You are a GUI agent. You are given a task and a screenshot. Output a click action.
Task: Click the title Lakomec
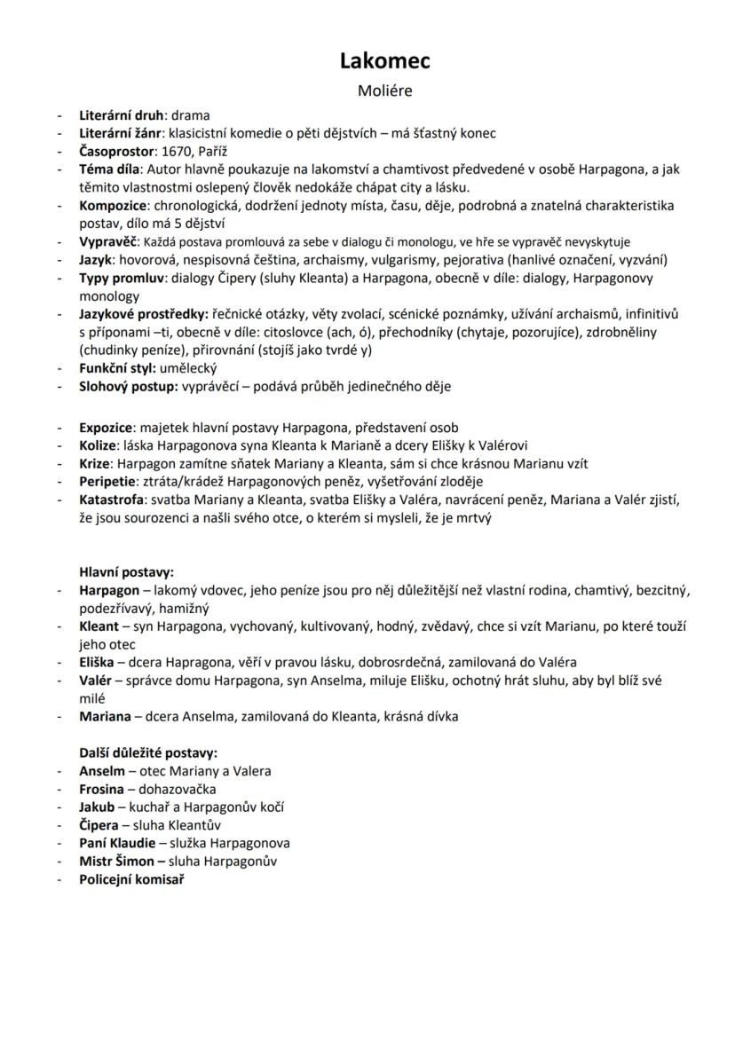point(384,60)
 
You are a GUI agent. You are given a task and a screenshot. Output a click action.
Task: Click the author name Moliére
point(384,91)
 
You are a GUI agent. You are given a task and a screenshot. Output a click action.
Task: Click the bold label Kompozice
point(110,206)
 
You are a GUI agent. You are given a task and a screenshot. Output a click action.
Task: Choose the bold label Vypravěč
point(108,241)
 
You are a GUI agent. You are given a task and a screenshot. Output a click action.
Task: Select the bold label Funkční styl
point(117,368)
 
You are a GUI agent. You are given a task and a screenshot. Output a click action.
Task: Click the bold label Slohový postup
point(128,386)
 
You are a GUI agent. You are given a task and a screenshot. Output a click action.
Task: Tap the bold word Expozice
point(106,428)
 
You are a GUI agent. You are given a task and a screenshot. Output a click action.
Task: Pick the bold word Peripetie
point(107,482)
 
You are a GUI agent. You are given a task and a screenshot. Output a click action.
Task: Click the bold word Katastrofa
point(111,500)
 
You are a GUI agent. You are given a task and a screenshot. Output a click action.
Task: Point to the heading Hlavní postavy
point(126,572)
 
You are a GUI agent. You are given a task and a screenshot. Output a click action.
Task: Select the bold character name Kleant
point(99,626)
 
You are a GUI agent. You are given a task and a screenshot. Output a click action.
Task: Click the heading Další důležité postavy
point(148,753)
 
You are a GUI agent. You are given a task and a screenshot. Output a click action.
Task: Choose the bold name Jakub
point(97,807)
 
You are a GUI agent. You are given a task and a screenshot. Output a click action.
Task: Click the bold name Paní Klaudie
point(117,843)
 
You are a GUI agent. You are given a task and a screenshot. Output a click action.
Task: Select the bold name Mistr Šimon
point(117,862)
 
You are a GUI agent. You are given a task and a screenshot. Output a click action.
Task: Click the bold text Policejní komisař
point(131,879)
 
